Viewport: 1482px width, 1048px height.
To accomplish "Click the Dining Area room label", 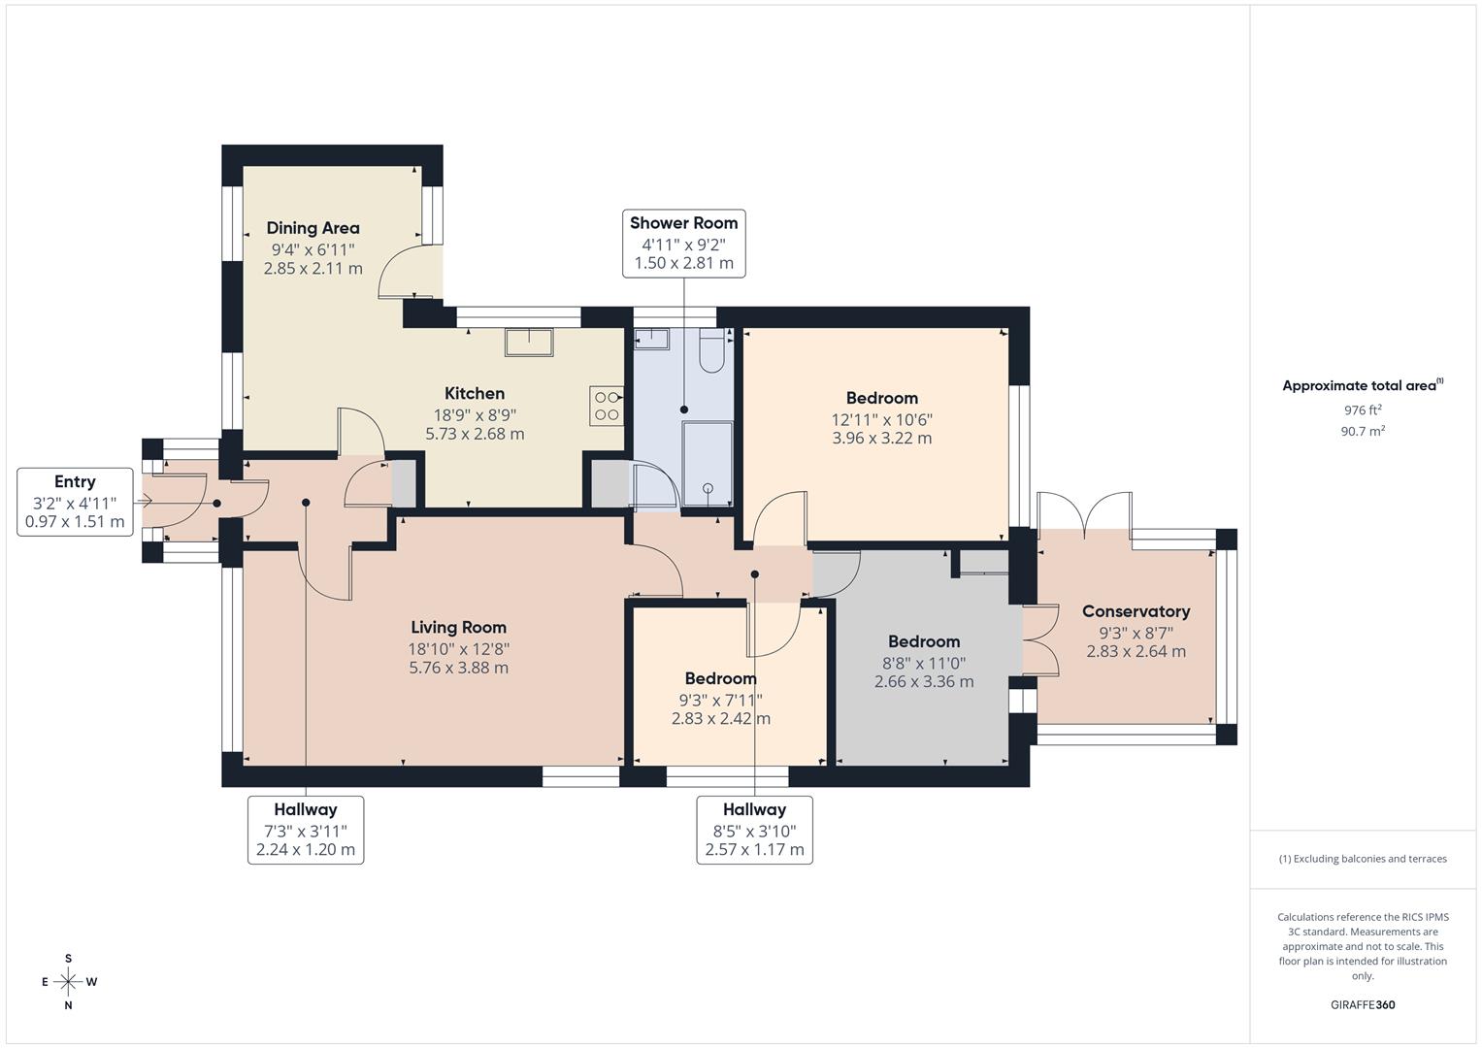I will coord(313,228).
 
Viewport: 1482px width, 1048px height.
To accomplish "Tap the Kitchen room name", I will coord(475,393).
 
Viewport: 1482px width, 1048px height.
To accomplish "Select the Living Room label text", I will coord(458,627).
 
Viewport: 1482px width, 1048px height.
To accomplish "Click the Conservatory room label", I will coord(1136,611).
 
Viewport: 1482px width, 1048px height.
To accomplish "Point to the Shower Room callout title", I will coord(683,223).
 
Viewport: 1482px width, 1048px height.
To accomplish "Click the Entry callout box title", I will coord(75,481).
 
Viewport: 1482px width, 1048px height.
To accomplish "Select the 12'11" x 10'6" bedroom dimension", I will coord(881,419).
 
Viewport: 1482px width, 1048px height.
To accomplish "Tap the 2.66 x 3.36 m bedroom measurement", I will coord(924,681).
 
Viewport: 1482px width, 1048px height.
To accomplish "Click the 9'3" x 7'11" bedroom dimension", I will coord(720,700).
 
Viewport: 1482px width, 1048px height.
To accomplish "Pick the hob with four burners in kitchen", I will coord(607,406).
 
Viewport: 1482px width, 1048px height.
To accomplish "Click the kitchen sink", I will coord(529,343).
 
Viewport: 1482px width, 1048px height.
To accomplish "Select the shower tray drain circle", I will coord(708,488).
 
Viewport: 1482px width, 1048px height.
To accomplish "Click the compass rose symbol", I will coord(68,982).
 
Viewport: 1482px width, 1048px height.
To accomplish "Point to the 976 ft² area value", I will coord(1363,410).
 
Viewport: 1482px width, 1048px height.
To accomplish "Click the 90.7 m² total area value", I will coord(1363,432).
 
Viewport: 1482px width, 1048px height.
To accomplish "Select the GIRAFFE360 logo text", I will coord(1363,1004).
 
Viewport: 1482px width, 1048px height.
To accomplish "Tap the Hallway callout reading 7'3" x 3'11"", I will coord(306,830).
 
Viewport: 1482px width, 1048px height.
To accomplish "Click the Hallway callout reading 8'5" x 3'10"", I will coord(754,830).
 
